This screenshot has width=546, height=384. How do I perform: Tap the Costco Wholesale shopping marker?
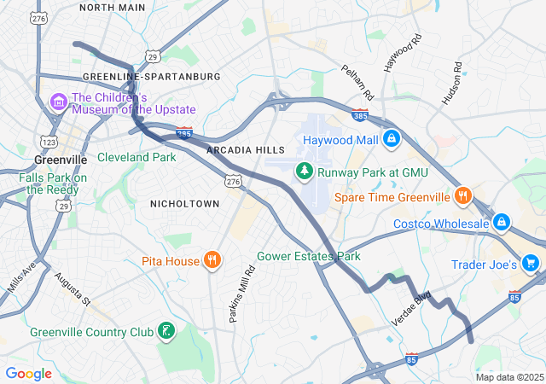501,224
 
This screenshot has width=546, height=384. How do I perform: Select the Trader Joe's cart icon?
531,265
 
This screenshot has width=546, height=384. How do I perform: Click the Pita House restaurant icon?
212,260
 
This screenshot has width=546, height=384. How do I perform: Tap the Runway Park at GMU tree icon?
305,172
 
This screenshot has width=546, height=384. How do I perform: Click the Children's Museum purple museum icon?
59,103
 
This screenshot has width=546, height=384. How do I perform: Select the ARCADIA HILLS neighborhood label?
245,150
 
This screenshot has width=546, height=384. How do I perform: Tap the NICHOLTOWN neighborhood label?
184,203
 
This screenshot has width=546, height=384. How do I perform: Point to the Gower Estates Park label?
309,256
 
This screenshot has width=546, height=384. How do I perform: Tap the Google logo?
28,373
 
